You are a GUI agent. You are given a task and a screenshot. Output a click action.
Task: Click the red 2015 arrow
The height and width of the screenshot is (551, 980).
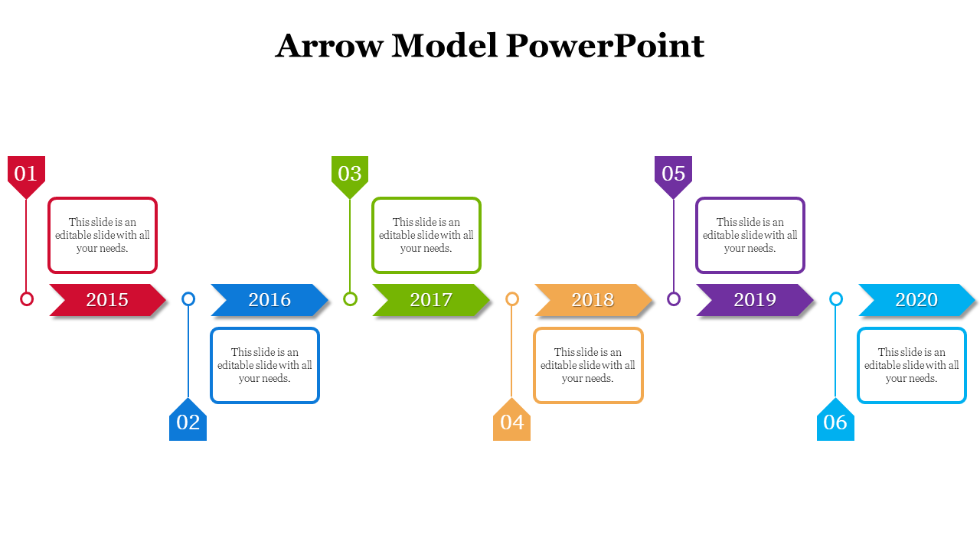point(107,300)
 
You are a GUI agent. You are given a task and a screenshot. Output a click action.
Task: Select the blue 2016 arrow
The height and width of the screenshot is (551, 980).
point(269,300)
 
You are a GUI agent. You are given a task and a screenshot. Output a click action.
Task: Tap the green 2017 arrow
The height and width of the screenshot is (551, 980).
point(431,300)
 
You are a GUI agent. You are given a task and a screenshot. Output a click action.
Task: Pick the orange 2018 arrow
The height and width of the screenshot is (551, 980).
point(593,300)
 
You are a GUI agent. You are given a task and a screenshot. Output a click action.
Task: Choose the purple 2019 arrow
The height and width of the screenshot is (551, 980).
point(755,300)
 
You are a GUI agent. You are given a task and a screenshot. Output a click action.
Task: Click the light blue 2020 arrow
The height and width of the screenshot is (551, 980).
point(916,300)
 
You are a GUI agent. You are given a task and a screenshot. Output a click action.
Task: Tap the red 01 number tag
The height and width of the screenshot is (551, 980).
point(26,174)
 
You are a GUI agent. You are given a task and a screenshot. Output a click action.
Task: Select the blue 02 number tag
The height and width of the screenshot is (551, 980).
point(188,422)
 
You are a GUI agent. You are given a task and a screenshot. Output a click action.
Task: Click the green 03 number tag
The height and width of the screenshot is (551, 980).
point(350,174)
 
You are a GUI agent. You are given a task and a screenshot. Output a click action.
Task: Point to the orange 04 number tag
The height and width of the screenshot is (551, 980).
point(511,422)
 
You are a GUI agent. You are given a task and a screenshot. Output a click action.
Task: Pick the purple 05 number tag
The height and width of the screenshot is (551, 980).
point(673,174)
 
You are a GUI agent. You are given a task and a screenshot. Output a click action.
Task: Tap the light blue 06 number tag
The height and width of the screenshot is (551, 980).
point(835,422)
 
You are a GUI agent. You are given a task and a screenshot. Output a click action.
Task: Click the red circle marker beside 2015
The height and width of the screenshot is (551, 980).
point(27,299)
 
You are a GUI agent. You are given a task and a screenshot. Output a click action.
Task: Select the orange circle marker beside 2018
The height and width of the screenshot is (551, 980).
point(512,299)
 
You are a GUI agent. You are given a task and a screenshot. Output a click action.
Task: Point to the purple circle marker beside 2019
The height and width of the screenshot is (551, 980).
point(674,299)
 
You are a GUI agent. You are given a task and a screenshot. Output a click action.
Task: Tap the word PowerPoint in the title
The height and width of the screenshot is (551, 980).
point(604,46)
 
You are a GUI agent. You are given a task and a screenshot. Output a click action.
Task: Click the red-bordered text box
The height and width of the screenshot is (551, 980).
point(103,235)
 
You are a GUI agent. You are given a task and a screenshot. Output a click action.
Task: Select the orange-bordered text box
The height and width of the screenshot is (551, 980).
point(588,365)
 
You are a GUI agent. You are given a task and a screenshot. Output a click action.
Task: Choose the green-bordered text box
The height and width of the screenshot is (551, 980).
point(426,235)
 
